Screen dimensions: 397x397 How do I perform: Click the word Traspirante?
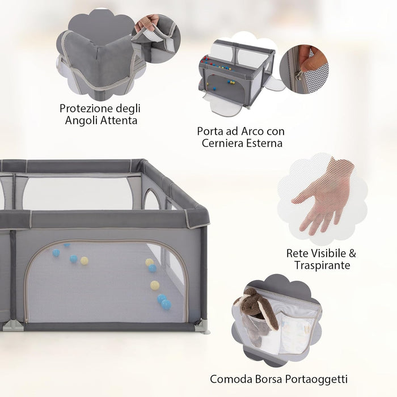(x=322, y=265)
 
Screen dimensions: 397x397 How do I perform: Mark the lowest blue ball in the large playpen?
(x=166, y=305)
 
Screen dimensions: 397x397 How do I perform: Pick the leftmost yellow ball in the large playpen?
(x=85, y=261)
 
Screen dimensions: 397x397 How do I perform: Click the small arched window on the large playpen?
(x=151, y=200)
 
